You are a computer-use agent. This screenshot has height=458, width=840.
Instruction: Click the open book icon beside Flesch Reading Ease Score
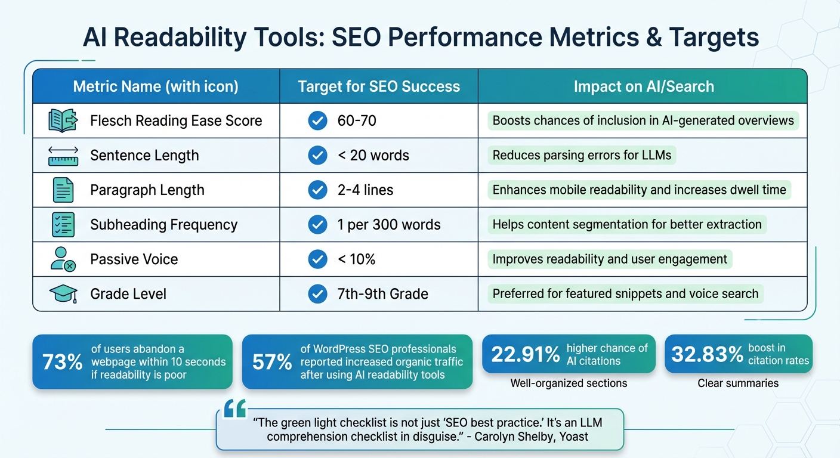coord(63,121)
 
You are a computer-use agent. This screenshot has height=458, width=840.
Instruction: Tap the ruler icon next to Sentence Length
coord(63,156)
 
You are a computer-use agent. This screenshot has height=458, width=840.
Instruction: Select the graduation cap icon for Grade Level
coord(63,293)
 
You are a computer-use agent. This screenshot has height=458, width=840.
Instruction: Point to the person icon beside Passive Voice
coord(63,259)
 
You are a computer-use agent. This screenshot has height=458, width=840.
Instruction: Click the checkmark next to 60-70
coord(317,121)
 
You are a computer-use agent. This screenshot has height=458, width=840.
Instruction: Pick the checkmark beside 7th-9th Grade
coord(317,293)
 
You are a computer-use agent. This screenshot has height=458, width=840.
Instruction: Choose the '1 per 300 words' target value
coord(389,225)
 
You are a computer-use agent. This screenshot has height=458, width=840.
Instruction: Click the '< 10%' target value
coord(356,259)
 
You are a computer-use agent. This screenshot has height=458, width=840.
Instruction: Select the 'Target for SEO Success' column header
coord(379,86)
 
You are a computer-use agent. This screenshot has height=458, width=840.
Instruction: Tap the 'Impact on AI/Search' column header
coord(644,86)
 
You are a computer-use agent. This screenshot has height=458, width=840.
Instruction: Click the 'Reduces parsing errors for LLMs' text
coord(582,156)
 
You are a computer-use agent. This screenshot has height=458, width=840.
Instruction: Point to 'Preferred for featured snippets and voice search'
coord(625,293)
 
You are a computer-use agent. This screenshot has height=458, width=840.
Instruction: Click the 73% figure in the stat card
coord(62,362)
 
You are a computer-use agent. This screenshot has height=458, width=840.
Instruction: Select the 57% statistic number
coord(272,362)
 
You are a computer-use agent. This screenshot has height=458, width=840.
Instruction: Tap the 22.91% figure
coord(525,354)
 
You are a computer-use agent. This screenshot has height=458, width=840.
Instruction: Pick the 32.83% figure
coord(707,354)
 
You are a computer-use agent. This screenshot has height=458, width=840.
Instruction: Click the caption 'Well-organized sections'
coord(569,383)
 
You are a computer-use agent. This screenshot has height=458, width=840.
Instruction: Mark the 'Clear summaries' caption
coord(738,383)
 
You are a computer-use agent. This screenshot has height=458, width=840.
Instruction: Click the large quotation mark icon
coord(234,410)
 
